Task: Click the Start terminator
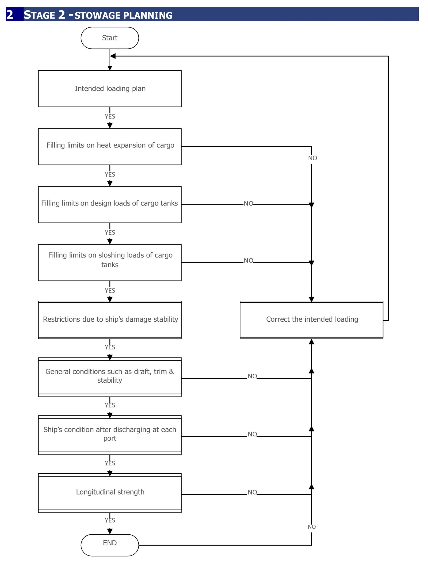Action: click(x=110, y=38)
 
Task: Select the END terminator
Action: click(x=110, y=545)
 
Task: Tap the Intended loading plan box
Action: click(x=110, y=89)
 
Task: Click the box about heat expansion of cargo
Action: click(x=110, y=147)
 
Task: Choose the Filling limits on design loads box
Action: click(x=110, y=204)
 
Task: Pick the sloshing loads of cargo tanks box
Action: click(x=110, y=262)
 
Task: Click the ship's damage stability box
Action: click(x=110, y=320)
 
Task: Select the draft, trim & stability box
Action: click(x=110, y=377)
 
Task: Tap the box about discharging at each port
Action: click(x=110, y=435)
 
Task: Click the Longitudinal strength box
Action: click(x=110, y=493)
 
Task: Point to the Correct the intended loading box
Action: click(x=311, y=320)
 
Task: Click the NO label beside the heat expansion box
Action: click(x=312, y=158)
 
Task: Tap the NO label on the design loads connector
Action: click(x=249, y=203)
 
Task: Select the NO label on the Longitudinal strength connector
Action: click(x=252, y=492)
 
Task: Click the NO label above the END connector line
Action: click(x=312, y=527)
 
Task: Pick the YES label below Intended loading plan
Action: click(x=110, y=116)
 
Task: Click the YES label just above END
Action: click(x=110, y=520)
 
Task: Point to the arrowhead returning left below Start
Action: click(x=113, y=56)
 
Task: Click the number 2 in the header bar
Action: click(x=10, y=15)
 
